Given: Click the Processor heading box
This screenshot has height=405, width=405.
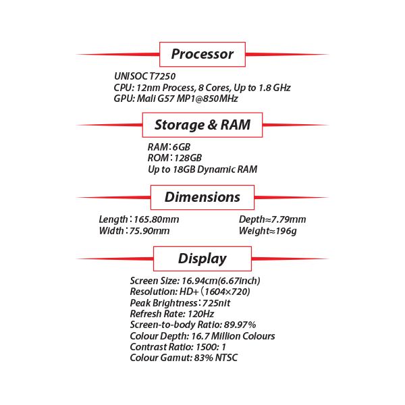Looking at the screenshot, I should [x=202, y=54].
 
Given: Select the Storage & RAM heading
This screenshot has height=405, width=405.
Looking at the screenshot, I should [x=202, y=125].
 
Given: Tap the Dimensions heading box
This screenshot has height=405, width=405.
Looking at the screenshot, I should [x=202, y=197].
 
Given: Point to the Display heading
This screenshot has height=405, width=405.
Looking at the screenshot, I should [x=202, y=259].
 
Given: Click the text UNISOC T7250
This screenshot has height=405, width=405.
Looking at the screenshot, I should [x=145, y=77].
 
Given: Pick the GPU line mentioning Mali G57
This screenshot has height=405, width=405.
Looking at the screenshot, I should [x=175, y=99].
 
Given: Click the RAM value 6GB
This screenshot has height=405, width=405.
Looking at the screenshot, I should [x=182, y=147].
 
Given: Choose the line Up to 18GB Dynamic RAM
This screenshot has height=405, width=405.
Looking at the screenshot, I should [x=202, y=169].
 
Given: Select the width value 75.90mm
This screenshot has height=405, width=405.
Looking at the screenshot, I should [x=149, y=231].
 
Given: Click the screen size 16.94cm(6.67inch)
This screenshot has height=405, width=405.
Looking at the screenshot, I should [x=221, y=280].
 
